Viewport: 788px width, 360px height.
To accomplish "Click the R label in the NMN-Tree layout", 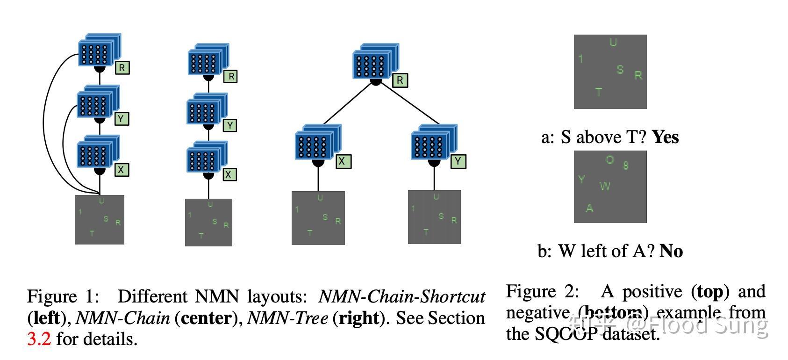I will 400,80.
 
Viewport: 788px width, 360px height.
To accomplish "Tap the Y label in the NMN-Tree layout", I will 458,161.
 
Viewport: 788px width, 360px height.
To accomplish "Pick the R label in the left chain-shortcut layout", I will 122,68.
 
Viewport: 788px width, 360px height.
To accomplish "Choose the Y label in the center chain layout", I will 229,125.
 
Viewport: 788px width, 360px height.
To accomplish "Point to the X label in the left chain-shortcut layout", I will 122,170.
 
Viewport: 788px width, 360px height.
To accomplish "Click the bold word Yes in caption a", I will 665,137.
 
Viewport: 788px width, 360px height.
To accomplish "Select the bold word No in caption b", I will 671,251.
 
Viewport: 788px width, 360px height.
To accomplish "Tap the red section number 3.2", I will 39,338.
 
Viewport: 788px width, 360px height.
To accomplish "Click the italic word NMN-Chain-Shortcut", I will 401,296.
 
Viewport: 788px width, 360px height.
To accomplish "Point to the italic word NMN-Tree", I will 287,318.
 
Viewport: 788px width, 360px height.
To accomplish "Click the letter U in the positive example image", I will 613,43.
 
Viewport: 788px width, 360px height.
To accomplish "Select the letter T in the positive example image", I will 599,92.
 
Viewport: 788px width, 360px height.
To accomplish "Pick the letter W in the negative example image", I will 605,186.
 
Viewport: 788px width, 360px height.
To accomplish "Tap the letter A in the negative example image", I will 589,208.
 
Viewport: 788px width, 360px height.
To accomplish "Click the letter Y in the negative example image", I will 581,179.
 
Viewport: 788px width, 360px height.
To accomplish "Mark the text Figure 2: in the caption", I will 542,291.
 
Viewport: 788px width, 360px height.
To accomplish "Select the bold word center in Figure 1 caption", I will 206,318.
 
